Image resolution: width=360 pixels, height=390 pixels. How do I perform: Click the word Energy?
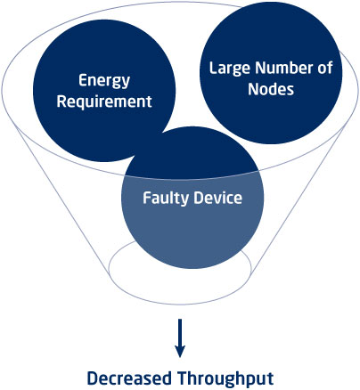pos(104,81)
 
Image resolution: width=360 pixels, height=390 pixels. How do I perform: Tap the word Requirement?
pos(104,102)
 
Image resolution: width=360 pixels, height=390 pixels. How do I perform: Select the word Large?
pos(230,69)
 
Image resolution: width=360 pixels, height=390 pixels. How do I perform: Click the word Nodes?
pos(271,89)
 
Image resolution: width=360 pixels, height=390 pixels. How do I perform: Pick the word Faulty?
pos(166,199)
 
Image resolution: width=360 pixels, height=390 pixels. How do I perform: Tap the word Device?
pos(217,198)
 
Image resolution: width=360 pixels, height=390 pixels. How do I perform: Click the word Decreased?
pos(129,378)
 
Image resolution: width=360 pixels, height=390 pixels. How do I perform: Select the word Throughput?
pos(225,379)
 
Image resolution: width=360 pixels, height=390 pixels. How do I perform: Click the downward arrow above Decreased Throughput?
pos(180,338)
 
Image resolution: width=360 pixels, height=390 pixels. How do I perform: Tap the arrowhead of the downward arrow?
pos(180,352)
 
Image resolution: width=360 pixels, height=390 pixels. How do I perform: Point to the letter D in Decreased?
pos(93,378)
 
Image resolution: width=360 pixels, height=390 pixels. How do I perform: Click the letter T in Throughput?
pos(184,378)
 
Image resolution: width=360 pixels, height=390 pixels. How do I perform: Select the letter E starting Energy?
pos(83,80)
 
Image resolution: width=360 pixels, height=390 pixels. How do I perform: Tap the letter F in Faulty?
pos(147,198)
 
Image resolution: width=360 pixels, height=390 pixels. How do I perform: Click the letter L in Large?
pos(213,68)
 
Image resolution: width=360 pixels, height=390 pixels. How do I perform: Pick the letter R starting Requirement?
pos(61,102)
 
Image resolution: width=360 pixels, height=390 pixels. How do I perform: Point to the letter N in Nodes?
pos(253,89)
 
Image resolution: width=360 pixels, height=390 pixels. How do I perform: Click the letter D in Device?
pos(199,198)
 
